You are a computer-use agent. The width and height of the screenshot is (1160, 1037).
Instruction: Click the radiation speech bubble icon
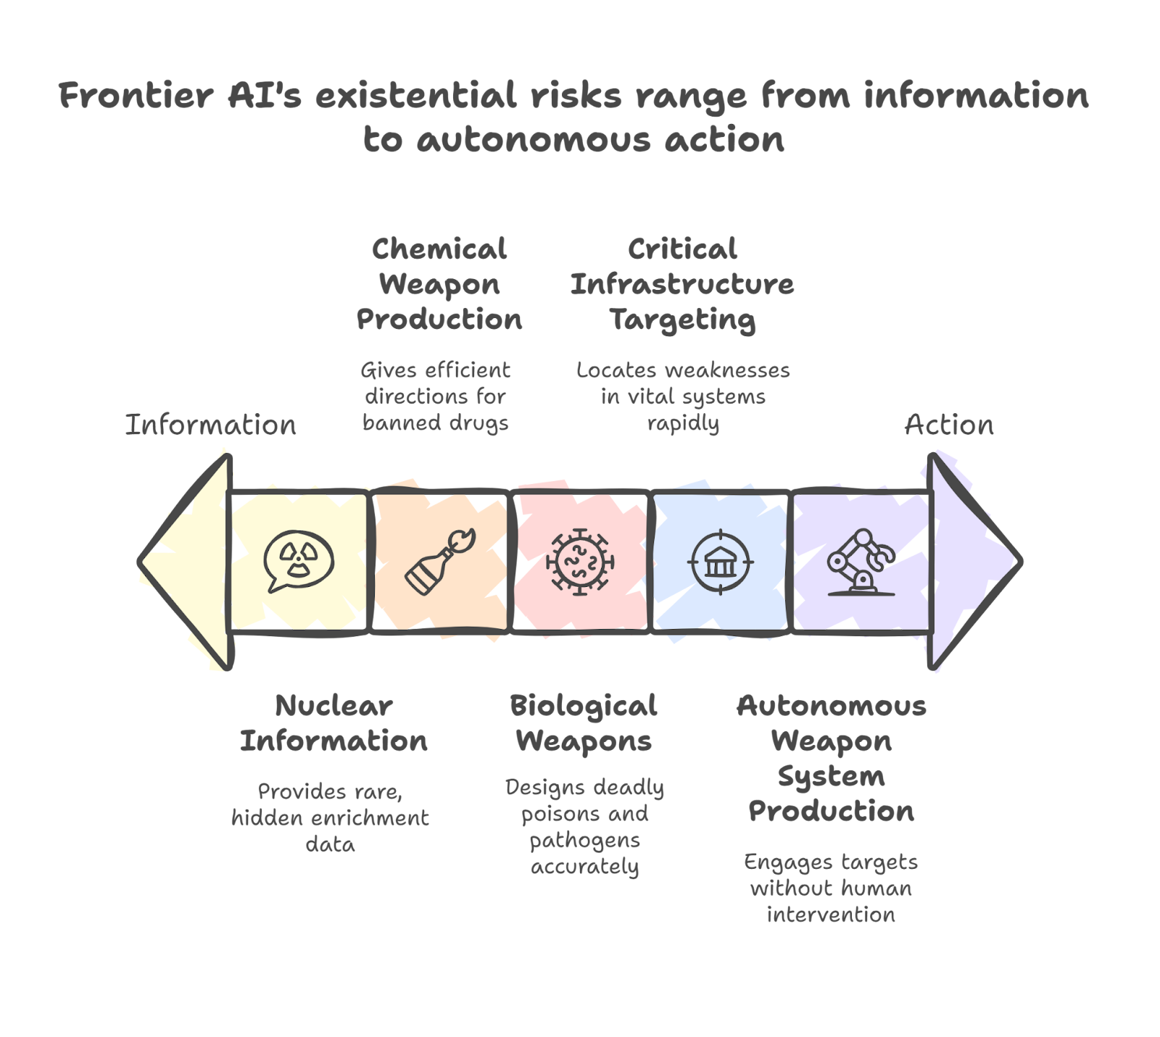[x=299, y=561]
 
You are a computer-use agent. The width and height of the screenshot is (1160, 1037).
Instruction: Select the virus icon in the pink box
[x=579, y=562]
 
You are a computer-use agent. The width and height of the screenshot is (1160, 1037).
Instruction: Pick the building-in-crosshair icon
[x=721, y=562]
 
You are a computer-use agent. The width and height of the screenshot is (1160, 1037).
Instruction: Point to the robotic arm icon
[x=862, y=562]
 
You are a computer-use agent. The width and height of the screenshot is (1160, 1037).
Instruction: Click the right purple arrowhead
[x=971, y=561]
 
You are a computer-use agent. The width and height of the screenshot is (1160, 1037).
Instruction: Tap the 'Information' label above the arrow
[x=211, y=425]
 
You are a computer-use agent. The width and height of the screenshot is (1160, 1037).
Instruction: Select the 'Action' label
[x=948, y=425]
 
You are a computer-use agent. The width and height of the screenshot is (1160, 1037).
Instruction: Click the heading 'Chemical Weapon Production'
[x=439, y=284]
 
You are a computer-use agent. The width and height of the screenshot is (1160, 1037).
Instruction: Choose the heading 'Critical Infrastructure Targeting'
[x=682, y=284]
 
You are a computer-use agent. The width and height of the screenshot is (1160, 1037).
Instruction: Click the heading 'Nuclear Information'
[x=333, y=723]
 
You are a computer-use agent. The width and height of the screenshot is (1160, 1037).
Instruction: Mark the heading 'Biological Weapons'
[x=584, y=723]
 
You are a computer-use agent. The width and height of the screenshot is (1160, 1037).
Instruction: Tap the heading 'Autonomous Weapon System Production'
[x=831, y=758]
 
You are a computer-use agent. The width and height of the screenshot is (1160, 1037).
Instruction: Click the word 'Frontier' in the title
[x=136, y=96]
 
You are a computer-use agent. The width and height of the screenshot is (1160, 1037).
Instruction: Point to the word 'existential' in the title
[x=415, y=96]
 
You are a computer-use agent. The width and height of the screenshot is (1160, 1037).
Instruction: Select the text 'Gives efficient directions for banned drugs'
[x=436, y=396]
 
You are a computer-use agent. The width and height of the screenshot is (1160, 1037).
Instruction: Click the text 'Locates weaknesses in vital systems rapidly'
[x=683, y=396]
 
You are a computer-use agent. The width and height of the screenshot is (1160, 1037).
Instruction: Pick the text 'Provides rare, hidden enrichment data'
[x=331, y=817]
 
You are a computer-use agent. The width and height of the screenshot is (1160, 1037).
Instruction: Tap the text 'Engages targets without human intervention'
[x=831, y=888]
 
